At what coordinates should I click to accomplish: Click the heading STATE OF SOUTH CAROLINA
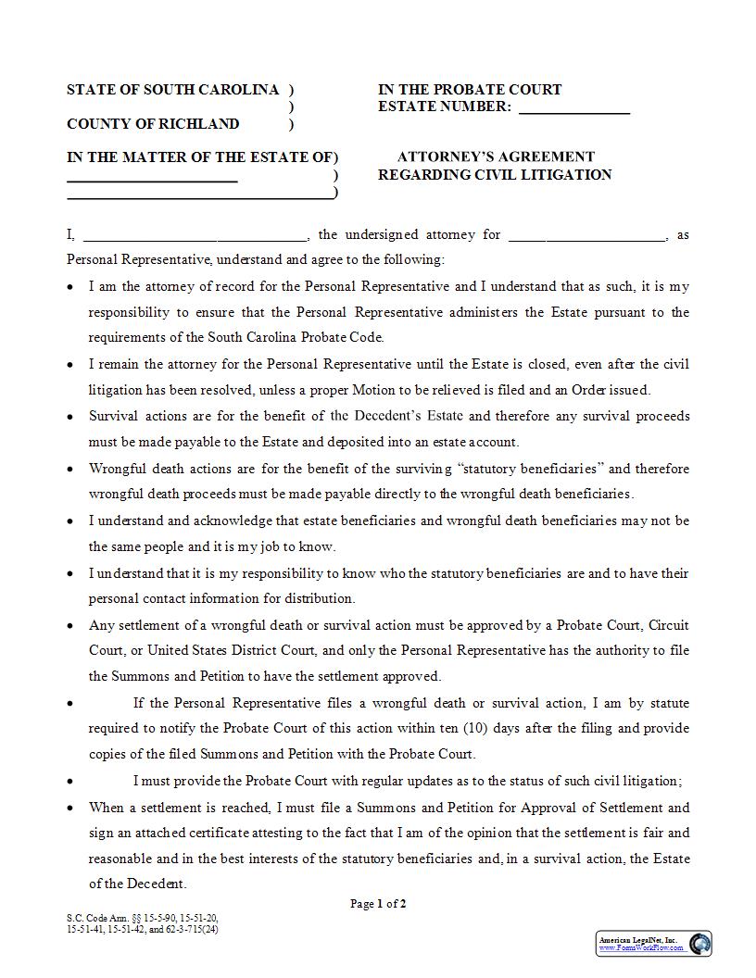[172, 90]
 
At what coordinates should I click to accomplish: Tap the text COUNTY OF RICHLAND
[153, 124]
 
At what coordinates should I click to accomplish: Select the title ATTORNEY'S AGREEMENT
[496, 157]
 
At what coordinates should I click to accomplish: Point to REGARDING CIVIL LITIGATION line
[495, 175]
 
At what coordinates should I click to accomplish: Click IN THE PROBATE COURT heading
[470, 90]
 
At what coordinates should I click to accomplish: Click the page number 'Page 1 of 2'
[378, 904]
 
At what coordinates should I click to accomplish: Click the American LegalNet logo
[699, 944]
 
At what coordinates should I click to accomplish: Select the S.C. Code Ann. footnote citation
[143, 923]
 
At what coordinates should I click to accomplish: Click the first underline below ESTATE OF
[152, 181]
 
